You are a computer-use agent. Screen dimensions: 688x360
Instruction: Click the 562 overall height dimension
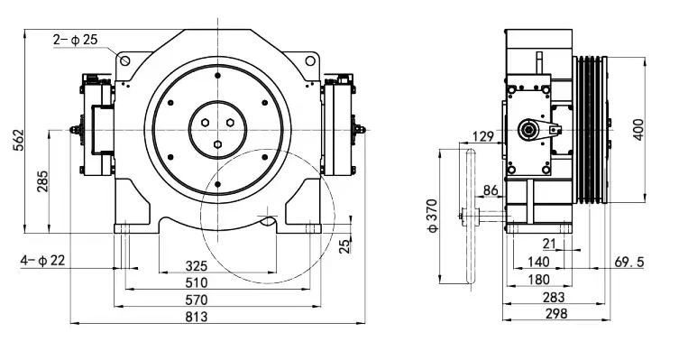[18, 141]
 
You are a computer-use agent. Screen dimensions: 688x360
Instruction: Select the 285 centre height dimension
[42, 181]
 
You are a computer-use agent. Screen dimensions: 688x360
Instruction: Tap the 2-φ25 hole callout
[76, 40]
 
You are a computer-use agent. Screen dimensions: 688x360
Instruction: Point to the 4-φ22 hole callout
[42, 261]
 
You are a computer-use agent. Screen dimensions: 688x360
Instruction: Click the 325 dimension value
[196, 266]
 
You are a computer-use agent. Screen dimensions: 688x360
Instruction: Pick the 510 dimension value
[196, 282]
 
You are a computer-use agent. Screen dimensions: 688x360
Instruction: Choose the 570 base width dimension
[196, 300]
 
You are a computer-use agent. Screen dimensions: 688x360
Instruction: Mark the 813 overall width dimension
[196, 317]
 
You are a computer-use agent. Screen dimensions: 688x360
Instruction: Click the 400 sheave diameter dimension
[638, 130]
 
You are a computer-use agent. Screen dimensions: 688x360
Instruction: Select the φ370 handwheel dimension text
[433, 216]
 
